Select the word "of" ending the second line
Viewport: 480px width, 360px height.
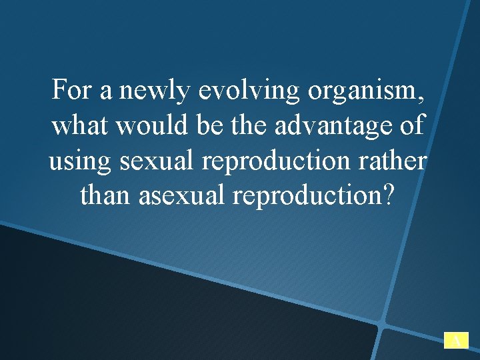[414, 125]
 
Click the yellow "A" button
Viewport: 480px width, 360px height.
[456, 341]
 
